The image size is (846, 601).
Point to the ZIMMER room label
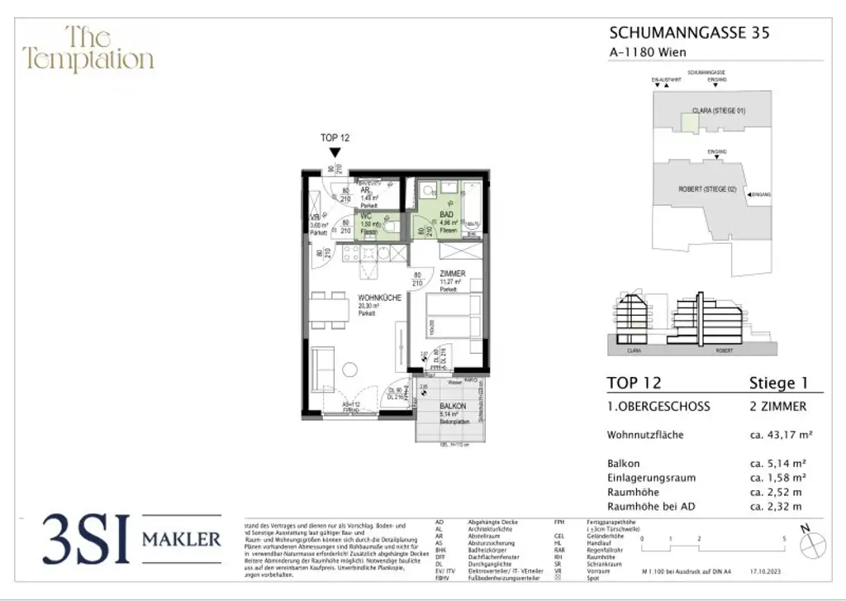pos(452,274)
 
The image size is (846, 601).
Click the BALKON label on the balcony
pos(453,407)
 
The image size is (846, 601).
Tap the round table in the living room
pos(350,369)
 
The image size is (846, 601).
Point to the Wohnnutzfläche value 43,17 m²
pos(778,435)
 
